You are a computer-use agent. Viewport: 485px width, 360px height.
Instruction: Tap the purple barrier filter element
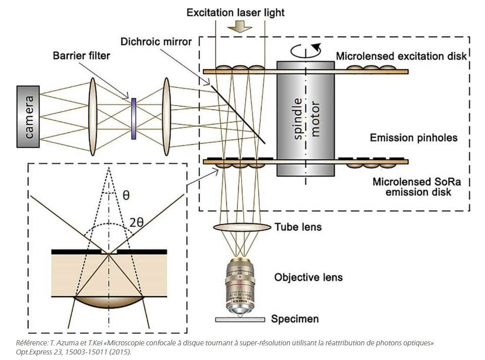click(134, 119)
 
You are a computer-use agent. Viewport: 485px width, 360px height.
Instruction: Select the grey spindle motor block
click(305, 119)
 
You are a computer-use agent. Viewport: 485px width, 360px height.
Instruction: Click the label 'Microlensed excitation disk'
click(401, 56)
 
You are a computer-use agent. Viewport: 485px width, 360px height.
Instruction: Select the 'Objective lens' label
click(308, 277)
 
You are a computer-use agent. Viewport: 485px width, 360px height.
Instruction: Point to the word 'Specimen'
click(295, 319)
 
